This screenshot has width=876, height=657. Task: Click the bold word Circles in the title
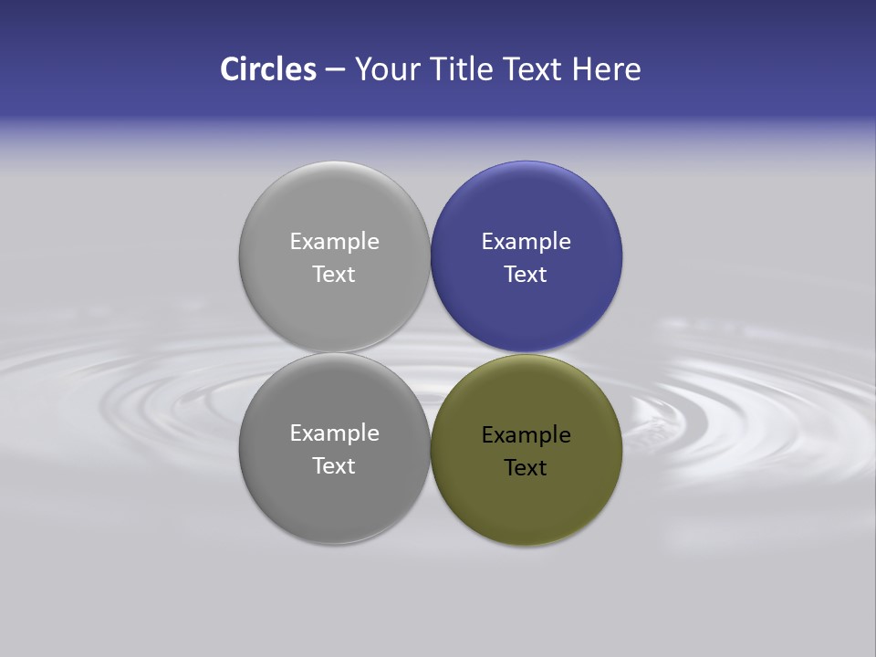pos(268,69)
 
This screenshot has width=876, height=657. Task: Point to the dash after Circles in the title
pos(335,70)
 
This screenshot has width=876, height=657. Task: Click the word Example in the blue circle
pos(527,242)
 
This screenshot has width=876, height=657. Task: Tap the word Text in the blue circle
pos(526,275)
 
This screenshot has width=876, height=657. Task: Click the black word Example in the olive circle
pos(527,435)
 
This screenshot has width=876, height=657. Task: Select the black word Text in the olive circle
pos(526,468)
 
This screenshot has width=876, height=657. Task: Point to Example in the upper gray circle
pos(334,242)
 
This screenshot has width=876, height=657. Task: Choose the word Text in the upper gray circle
pos(334,275)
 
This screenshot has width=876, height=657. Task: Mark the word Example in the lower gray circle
pos(334,433)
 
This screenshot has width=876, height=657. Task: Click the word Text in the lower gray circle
pos(334,466)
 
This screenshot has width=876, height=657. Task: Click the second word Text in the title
pos(535,69)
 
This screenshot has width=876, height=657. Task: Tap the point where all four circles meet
pos(431,353)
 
